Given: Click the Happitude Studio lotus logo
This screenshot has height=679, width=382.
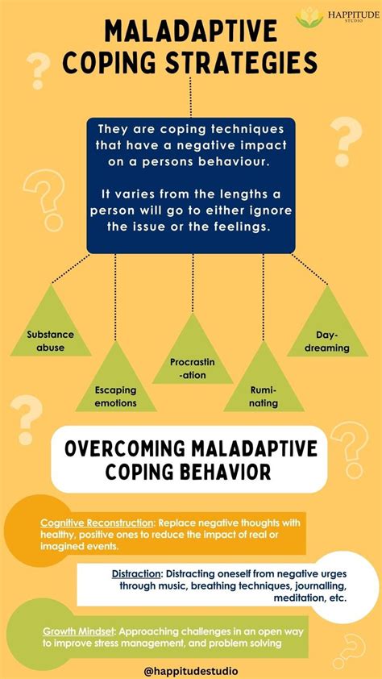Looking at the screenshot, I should click(309, 15).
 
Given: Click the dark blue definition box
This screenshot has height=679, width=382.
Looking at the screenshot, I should click(191, 185).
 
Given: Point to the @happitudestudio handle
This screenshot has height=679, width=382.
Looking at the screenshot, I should click(191, 669).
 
